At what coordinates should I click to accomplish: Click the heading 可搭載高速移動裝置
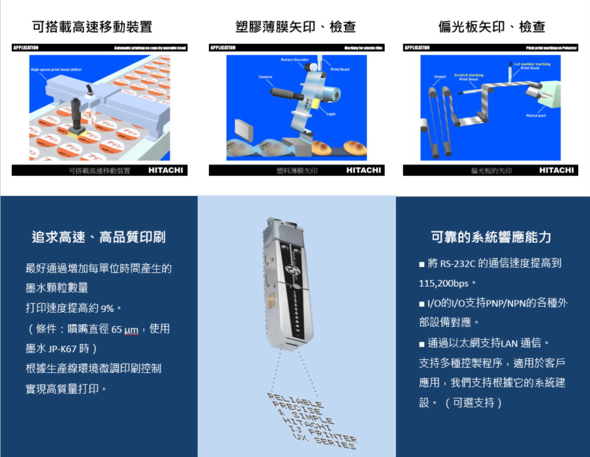coord(92,27)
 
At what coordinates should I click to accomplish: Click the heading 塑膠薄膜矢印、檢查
coord(295,27)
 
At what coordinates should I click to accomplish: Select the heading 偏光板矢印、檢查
coord(492,27)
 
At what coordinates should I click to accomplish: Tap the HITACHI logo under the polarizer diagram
coord(556,170)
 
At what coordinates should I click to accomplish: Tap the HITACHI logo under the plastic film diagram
coord(364,170)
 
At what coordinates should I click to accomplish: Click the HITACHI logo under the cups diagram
coord(166,170)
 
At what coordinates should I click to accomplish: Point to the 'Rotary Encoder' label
coord(295,60)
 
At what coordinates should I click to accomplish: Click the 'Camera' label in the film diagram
coord(265,77)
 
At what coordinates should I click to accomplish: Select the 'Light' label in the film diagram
coord(331,114)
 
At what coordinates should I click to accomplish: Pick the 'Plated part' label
coord(536,116)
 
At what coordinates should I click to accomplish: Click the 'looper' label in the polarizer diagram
coord(440,77)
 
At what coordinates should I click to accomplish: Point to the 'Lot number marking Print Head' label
coord(531,66)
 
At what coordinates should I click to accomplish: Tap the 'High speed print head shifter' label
coord(56,70)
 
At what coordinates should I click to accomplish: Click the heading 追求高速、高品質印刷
coord(98,237)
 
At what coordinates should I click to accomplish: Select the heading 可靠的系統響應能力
coord(491,237)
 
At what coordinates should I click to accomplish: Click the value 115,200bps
coord(443,284)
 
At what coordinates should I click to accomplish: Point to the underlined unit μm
coord(131,329)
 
